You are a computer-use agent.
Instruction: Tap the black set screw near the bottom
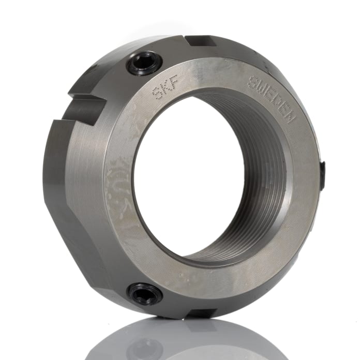[145, 294]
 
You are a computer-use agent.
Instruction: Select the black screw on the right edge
[323, 174]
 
